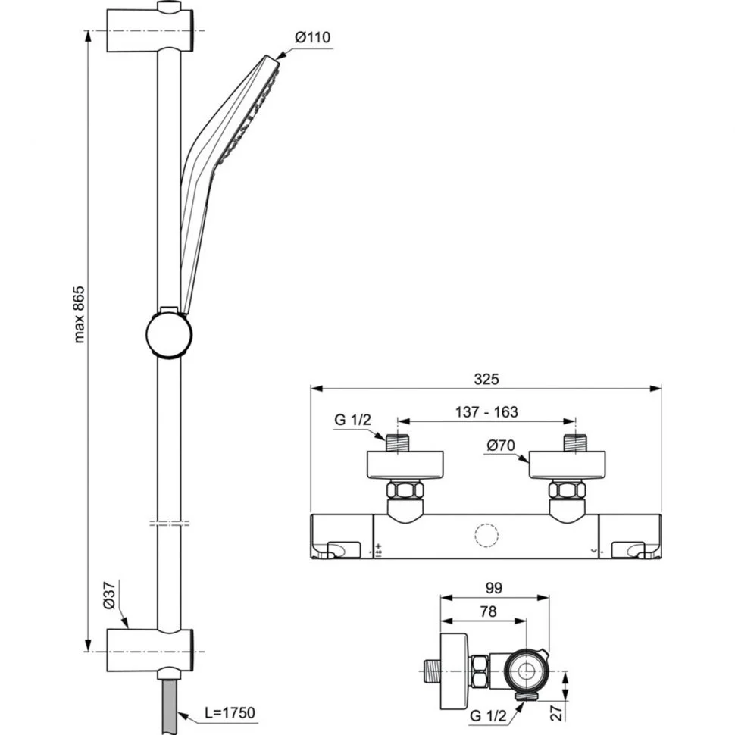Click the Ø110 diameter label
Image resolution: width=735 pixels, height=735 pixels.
[x=312, y=37]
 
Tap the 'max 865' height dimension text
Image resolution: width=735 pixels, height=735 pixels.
[x=80, y=314]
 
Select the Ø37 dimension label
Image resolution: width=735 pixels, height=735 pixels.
[x=109, y=596]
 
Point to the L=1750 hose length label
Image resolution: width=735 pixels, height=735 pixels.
[x=230, y=712]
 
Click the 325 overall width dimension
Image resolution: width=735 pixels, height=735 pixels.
[x=486, y=379]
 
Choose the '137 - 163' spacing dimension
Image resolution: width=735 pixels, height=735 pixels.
[x=486, y=412]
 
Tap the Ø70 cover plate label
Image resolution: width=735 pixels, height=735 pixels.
[x=501, y=446]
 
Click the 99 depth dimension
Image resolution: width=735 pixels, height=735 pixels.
[x=493, y=588]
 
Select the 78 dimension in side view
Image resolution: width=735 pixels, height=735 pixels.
[x=488, y=611]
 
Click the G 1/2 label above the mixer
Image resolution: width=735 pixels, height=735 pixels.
[x=352, y=420]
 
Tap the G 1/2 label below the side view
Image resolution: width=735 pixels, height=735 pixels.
[x=488, y=716]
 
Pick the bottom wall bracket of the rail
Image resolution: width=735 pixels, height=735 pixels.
[x=150, y=651]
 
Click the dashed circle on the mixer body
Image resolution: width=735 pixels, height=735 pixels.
[x=486, y=535]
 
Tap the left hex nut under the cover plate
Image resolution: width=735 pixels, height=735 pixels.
[x=405, y=490]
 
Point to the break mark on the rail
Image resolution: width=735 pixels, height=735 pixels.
[x=169, y=523]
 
